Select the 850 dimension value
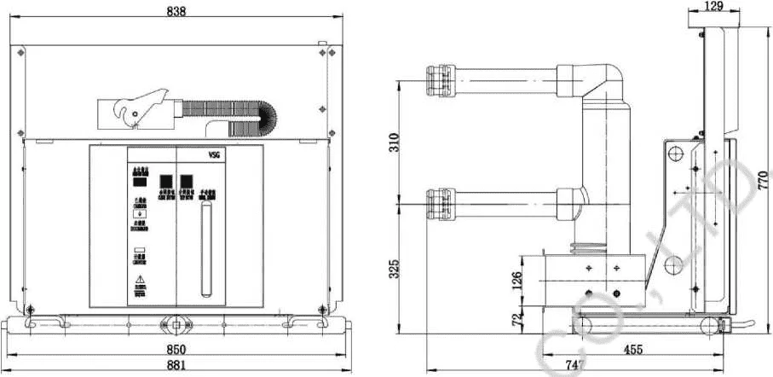[176, 350]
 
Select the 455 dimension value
[632, 350]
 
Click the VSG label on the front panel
[214, 155]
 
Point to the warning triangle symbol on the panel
[139, 281]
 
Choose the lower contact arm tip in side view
[436, 203]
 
